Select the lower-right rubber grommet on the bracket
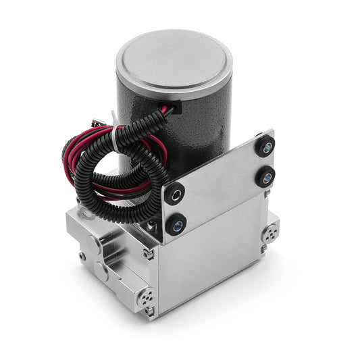264,177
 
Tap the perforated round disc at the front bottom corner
147,297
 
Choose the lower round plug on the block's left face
101,269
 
